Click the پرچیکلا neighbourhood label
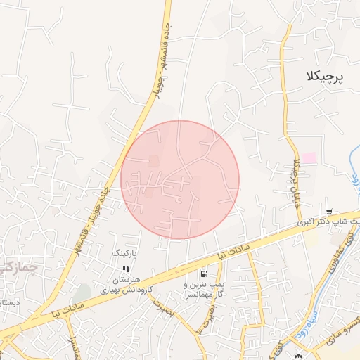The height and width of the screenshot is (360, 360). (326, 76)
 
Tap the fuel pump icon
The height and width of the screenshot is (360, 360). (204, 274)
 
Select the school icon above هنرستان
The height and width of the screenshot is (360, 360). (126, 268)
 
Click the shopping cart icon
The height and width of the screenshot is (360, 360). (329, 211)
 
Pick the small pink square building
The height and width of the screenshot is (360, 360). (309, 159)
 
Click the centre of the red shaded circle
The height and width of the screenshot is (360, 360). (180, 180)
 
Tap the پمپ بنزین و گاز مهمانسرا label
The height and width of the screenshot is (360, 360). (204, 290)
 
